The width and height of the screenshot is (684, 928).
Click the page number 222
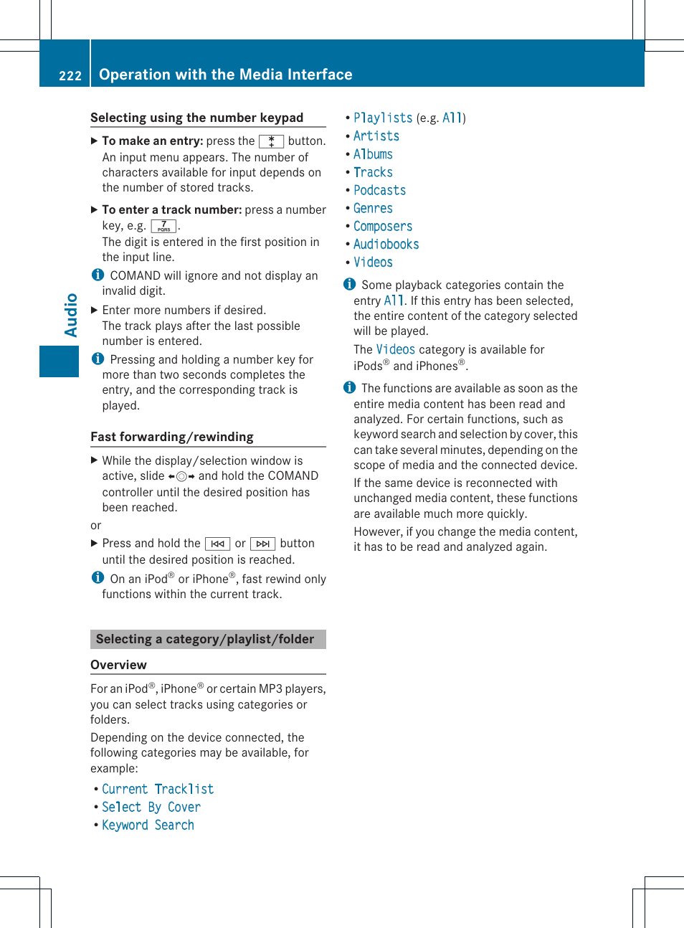click(x=70, y=75)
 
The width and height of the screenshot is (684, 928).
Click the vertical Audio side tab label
click(x=71, y=315)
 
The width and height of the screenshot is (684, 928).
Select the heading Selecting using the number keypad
click(x=196, y=118)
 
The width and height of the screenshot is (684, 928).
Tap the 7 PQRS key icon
click(x=163, y=226)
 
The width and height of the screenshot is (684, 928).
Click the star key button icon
click(x=271, y=141)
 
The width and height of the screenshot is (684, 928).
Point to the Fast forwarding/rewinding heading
click(x=172, y=437)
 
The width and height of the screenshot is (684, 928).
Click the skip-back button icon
click(x=217, y=544)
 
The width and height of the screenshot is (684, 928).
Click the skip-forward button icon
click(x=262, y=544)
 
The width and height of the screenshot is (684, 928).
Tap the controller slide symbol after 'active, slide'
click(x=181, y=476)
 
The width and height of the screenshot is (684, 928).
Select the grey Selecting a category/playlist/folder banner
click(x=208, y=639)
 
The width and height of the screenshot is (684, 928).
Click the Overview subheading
click(x=118, y=665)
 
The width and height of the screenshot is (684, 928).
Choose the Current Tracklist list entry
click(x=158, y=789)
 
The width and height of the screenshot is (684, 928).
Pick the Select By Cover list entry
click(x=151, y=807)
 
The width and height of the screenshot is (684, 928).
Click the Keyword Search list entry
click(x=148, y=825)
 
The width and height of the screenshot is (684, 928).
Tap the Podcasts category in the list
click(x=379, y=190)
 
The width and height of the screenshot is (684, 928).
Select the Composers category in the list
click(x=383, y=226)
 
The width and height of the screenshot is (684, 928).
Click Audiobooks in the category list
click(x=386, y=245)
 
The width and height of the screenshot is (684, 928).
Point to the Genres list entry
click(x=373, y=208)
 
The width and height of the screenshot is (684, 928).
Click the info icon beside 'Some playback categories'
click(x=349, y=284)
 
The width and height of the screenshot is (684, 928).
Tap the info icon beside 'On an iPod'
click(x=98, y=577)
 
